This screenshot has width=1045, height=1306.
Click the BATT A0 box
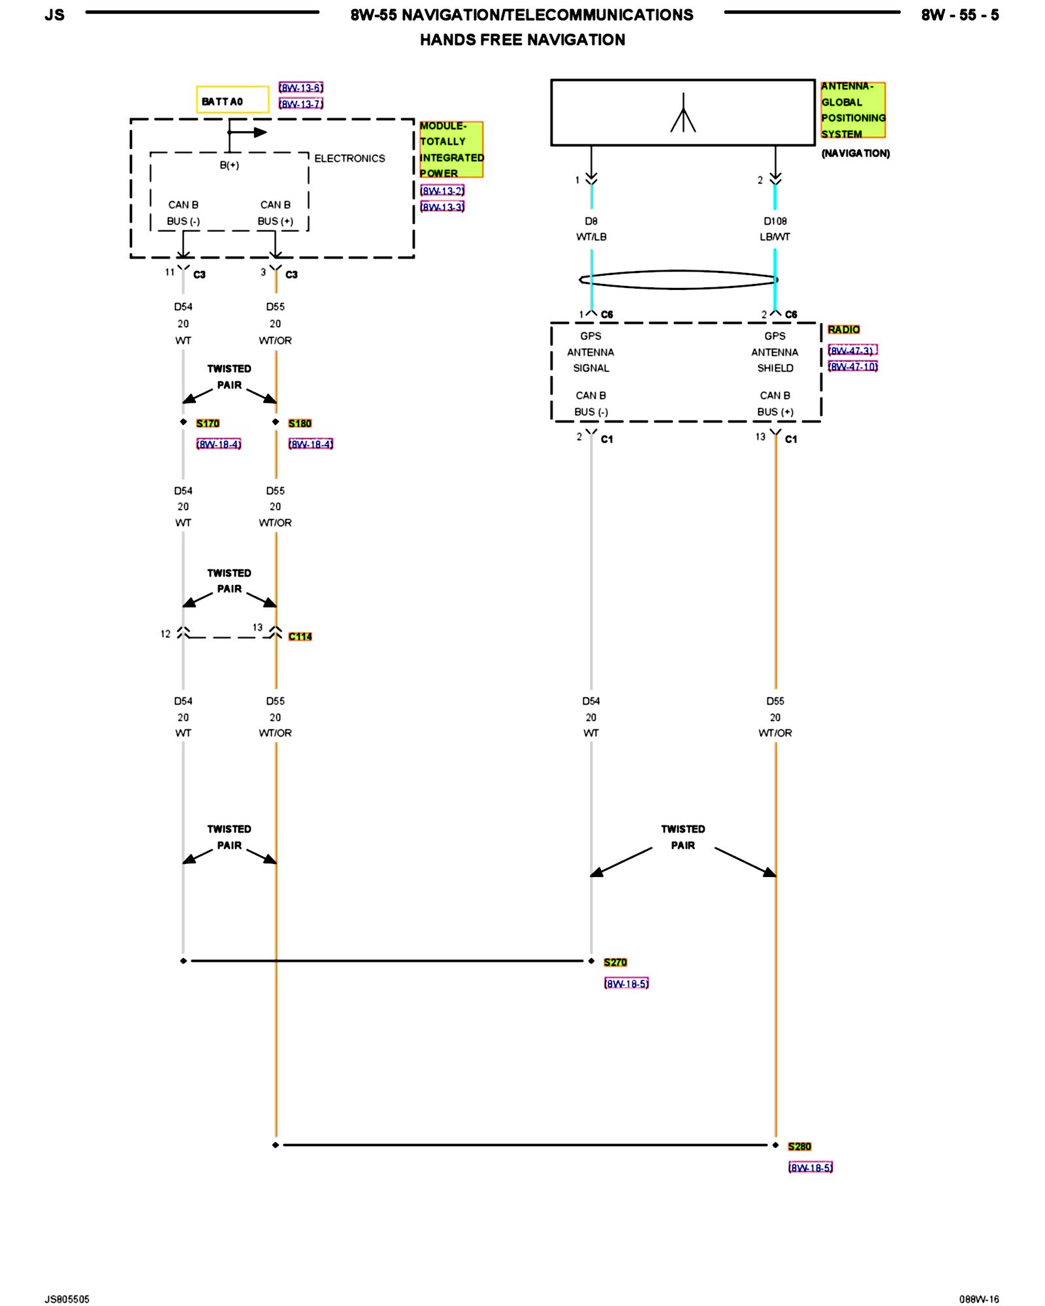tap(232, 100)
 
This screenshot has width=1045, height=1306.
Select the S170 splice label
tap(208, 423)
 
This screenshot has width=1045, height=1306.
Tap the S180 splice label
tap(300, 423)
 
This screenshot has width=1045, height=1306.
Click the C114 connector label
tap(300, 636)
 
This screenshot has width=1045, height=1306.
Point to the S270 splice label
tap(615, 962)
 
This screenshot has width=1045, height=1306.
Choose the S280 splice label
tap(799, 1146)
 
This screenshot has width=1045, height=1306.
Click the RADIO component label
tap(843, 330)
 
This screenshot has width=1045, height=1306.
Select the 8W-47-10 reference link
tap(852, 366)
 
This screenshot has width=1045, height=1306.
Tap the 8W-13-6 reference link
tap(300, 88)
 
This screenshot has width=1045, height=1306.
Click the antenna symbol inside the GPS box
tap(683, 114)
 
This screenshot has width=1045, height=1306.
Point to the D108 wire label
tap(775, 221)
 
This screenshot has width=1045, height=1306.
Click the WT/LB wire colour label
tap(591, 237)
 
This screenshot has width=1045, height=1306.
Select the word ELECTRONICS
tap(349, 159)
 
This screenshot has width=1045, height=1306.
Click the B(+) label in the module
tap(229, 165)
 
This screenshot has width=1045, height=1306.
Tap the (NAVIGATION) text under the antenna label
tap(856, 153)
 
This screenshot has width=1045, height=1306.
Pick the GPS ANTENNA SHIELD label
tap(775, 352)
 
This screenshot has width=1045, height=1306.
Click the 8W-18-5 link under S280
tap(811, 1167)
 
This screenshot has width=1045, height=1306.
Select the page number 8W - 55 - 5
tap(959, 15)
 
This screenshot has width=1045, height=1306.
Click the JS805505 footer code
tap(67, 1299)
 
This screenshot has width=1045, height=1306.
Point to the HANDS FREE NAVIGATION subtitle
tap(522, 40)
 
